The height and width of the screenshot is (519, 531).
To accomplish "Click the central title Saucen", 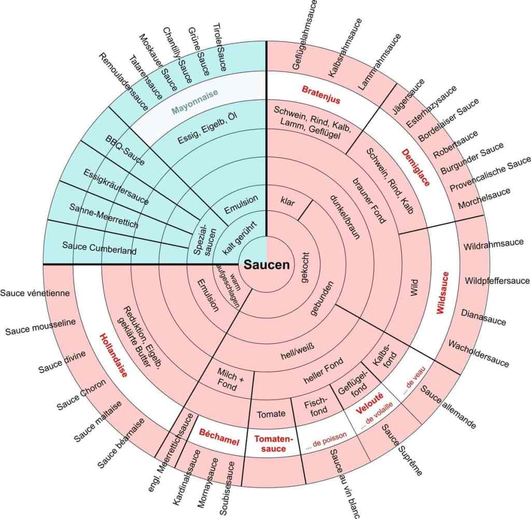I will point(267,264).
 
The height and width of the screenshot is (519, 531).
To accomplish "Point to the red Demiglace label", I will point(416,167).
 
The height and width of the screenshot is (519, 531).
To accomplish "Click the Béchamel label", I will point(219,439).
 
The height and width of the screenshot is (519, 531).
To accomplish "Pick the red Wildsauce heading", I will point(441,293).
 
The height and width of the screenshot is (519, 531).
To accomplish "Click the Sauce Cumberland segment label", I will point(99,247).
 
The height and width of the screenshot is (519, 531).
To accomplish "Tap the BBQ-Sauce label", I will point(125,150).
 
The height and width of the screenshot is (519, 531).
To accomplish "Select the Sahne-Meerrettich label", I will point(104,216).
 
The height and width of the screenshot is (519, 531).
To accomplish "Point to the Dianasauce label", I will point(483,317).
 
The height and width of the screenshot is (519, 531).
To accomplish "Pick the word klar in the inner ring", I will point(287,201).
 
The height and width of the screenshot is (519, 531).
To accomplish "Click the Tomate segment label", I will point(271,413).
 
